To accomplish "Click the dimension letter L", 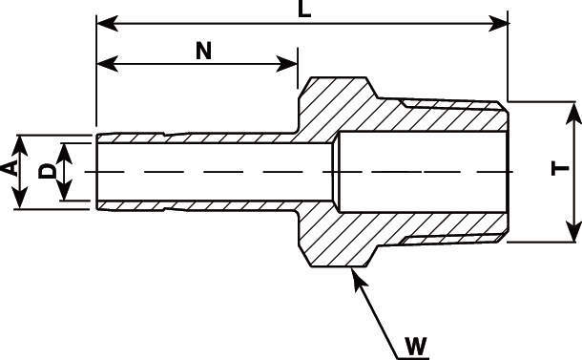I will click(x=303, y=9).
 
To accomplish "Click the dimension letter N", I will click(x=203, y=52).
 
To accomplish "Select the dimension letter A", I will click(x=9, y=170).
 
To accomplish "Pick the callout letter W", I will click(x=413, y=346).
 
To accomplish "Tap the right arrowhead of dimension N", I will click(x=290, y=64).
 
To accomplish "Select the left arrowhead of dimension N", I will click(x=103, y=64).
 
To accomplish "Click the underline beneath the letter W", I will click(x=413, y=356).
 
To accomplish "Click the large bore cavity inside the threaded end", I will click(x=420, y=172).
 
